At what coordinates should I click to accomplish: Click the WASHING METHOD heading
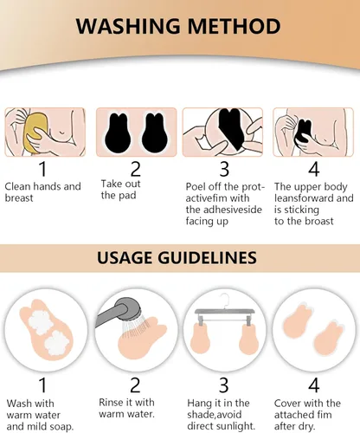pos(179,25)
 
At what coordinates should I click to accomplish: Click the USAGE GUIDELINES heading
pos(179,257)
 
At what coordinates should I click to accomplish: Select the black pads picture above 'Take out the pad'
pos(135,132)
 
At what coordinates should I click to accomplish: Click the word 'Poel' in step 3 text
pos(198,186)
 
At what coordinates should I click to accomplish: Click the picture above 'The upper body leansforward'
pos(313,132)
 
